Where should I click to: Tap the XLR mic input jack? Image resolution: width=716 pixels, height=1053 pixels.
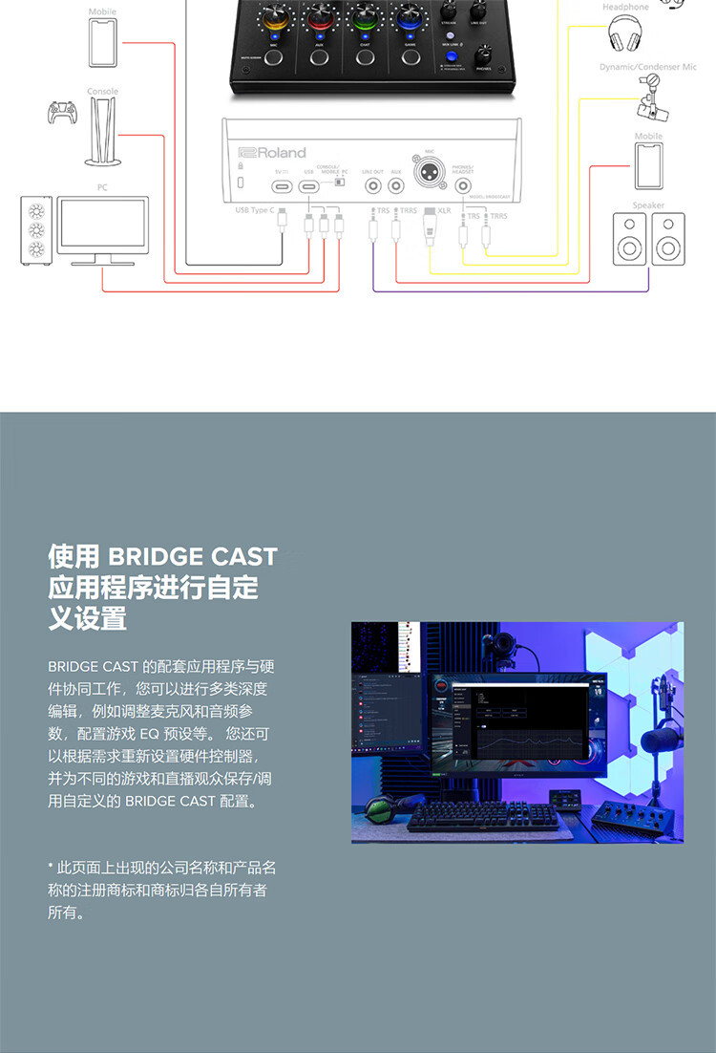tap(427, 177)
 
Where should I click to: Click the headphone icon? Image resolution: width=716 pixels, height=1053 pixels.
tap(624, 35)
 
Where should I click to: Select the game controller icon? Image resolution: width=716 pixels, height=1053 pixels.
tap(64, 113)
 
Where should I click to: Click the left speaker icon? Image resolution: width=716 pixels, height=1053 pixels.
tap(629, 238)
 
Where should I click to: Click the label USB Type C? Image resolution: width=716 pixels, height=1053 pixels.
tap(254, 209)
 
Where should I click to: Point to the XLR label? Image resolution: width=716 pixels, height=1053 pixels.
tap(444, 210)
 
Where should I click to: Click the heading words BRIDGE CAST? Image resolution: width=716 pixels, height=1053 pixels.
tap(192, 556)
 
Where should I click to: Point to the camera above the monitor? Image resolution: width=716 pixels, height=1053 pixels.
tap(499, 654)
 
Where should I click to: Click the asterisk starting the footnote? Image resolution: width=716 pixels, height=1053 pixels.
tap(51, 867)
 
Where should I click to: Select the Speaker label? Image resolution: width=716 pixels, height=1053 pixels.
tap(648, 205)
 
